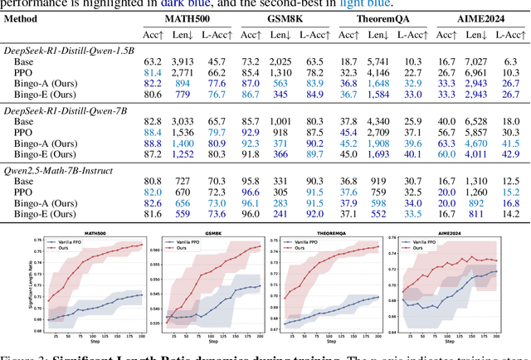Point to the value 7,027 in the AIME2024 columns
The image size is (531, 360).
tap(475, 61)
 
